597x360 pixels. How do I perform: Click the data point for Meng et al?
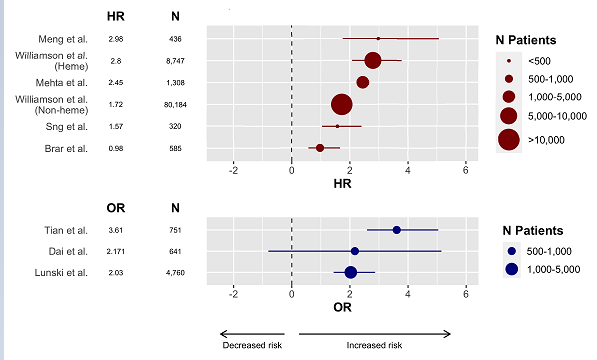tap(378, 38)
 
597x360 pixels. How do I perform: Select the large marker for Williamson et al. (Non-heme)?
tap(341, 104)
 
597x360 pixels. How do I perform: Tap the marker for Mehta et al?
tap(362, 82)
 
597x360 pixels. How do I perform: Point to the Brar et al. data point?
tap(320, 148)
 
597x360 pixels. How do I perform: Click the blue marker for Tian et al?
tap(396, 230)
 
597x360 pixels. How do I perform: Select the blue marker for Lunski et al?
tap(350, 272)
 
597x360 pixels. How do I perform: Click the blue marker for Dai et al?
tap(354, 251)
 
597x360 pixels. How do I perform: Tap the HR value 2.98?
tap(115, 38)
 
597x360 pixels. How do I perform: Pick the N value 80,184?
tap(175, 104)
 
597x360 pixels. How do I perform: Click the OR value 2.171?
tap(115, 251)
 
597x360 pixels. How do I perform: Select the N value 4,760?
tap(175, 272)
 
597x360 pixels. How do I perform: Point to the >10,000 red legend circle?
tap(509, 139)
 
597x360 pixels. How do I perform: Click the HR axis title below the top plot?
tap(341, 185)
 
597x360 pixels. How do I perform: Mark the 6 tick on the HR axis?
tap(466, 170)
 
